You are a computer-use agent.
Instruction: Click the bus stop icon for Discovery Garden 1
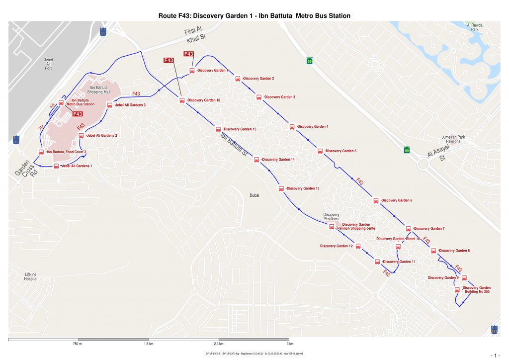pyautogui.click(x=192, y=71)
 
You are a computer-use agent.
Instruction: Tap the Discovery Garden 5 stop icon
pyautogui.click(x=320, y=151)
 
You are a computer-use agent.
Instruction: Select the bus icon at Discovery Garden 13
pyautogui.click(x=281, y=188)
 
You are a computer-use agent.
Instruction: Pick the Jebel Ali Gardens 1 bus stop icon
pyautogui.click(x=56, y=166)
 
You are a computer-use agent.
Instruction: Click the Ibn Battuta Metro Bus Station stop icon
pyautogui.click(x=61, y=102)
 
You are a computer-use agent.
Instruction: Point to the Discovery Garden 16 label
pyautogui.click(x=203, y=100)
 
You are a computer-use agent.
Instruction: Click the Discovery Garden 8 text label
pyautogui.click(x=454, y=251)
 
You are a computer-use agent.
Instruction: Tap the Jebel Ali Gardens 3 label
pyautogui.click(x=130, y=105)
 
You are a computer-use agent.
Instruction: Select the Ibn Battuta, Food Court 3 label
pyautogui.click(x=67, y=152)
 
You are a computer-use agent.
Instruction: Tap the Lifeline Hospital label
pyautogui.click(x=31, y=277)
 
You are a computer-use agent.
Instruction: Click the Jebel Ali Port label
pyautogui.click(x=48, y=64)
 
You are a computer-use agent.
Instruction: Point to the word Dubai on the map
pyautogui.click(x=254, y=195)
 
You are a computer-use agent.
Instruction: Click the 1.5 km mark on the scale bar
pyautogui.click(x=149, y=344)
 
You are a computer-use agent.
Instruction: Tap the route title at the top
pyautogui.click(x=254, y=16)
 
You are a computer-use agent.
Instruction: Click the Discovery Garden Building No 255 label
pyautogui.click(x=477, y=290)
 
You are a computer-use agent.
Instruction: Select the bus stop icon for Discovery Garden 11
pyautogui.click(x=377, y=262)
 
